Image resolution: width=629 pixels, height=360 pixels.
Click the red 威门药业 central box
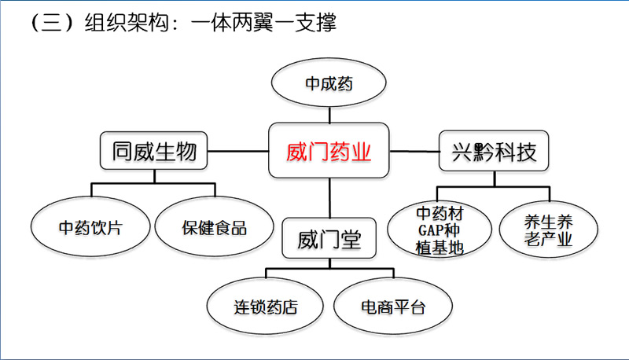click(x=329, y=150)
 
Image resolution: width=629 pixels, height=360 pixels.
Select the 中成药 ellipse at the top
click(x=329, y=83)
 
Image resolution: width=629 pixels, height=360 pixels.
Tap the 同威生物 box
click(x=153, y=150)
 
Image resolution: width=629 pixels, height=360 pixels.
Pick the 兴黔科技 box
click(x=494, y=150)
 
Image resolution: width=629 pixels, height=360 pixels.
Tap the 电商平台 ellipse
click(x=392, y=307)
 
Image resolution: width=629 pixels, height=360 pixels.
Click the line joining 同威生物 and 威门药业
click(x=238, y=150)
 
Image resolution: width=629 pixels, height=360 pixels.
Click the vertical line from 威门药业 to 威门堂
click(x=329, y=198)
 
